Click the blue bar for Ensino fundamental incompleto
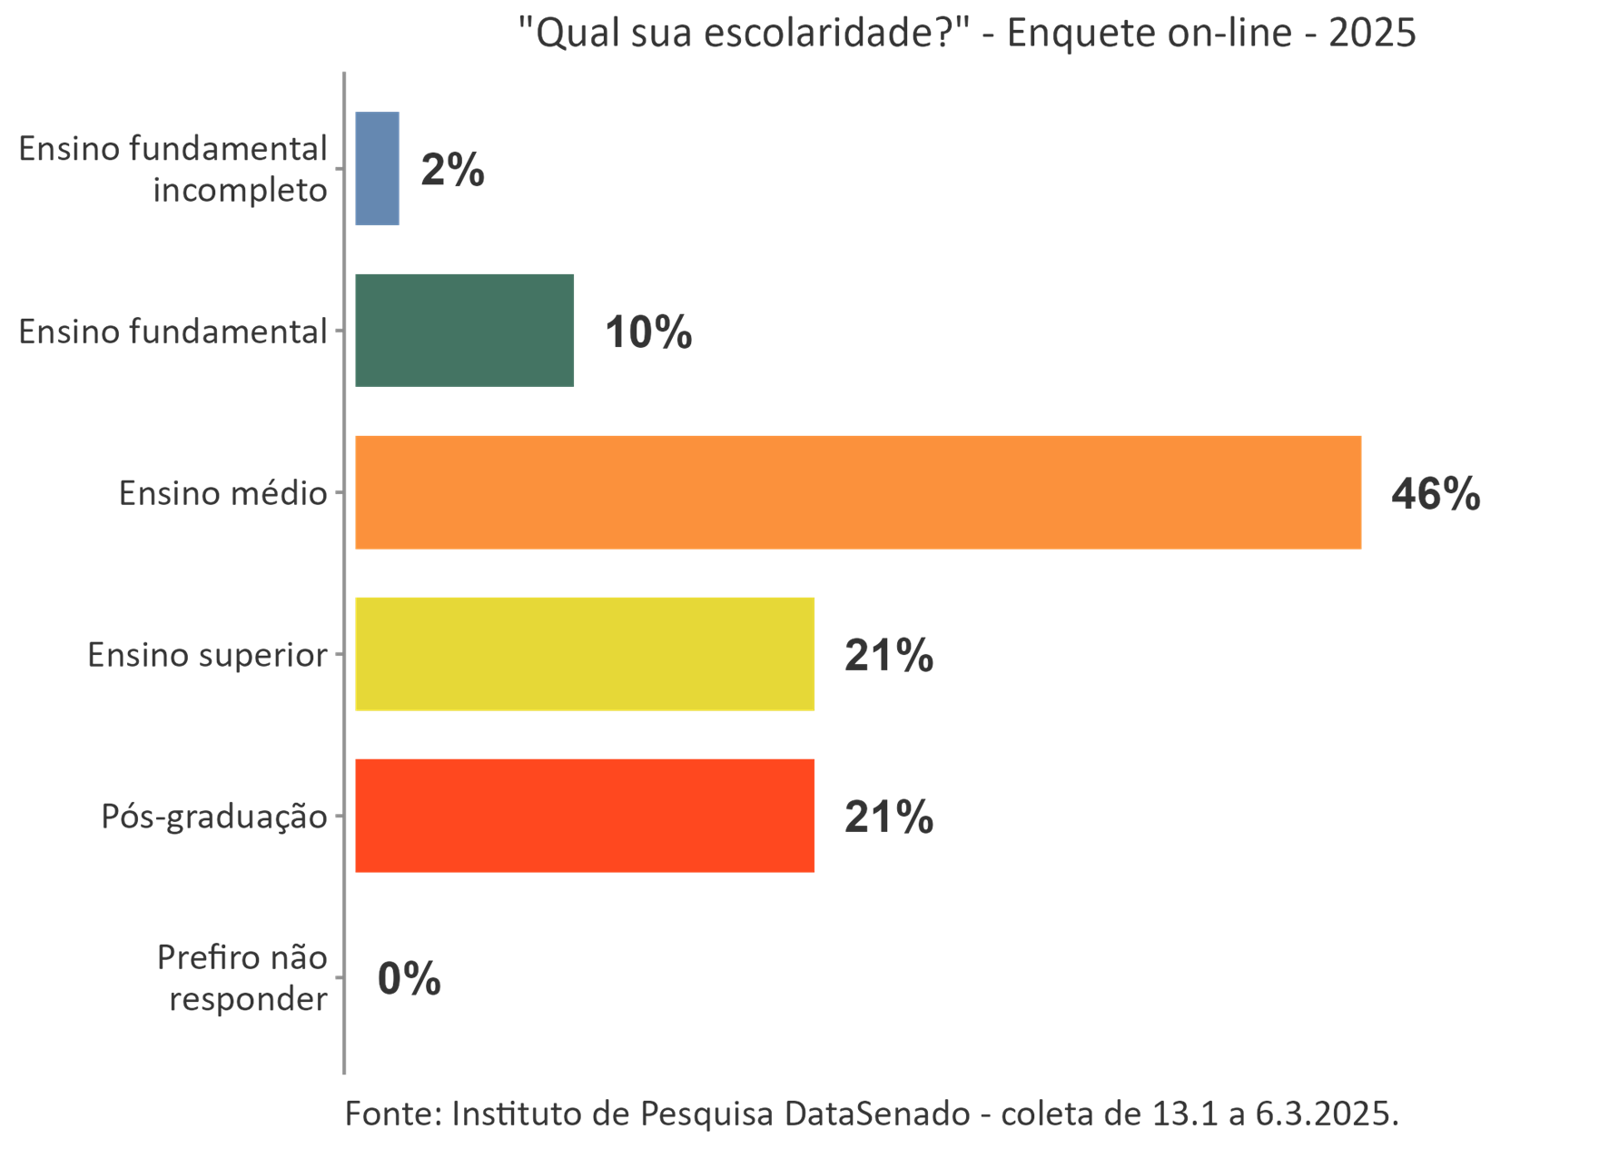pyautogui.click(x=377, y=169)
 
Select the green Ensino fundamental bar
pyautogui.click(x=464, y=331)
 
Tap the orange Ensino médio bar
pyautogui.click(x=857, y=492)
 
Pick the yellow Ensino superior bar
pyautogui.click(x=585, y=654)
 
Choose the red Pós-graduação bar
pyautogui.click(x=585, y=816)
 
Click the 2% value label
pyautogui.click(x=452, y=170)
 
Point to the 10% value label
pyautogui.click(x=648, y=332)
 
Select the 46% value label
pyautogui.click(x=1436, y=493)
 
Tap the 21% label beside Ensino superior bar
pyautogui.click(x=888, y=655)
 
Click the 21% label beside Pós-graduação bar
pyautogui.click(x=888, y=817)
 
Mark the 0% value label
pyautogui.click(x=409, y=978)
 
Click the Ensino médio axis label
pyautogui.click(x=222, y=493)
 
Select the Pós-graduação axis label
pyautogui.click(x=213, y=817)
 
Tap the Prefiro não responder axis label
pyautogui.click(x=243, y=977)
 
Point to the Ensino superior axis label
pyautogui.click(x=207, y=655)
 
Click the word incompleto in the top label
pyautogui.click(x=240, y=191)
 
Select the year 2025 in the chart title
pyautogui.click(x=1371, y=33)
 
